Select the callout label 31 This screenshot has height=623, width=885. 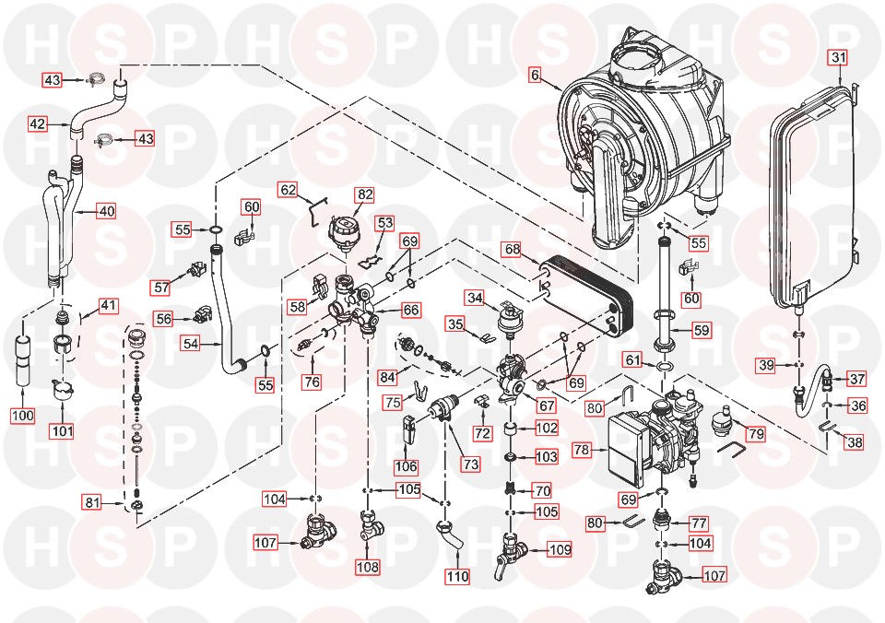[837, 58]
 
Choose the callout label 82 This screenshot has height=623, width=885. [366, 194]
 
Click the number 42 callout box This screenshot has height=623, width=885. [38, 123]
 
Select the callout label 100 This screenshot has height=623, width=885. [23, 416]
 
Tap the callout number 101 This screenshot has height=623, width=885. [64, 430]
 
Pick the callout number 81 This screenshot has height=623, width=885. [92, 502]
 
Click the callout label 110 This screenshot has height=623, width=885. [457, 577]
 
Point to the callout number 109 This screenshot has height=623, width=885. [559, 550]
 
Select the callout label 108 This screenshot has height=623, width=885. [368, 568]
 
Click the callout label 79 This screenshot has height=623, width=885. [755, 433]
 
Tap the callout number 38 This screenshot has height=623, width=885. [855, 442]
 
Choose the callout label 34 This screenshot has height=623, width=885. [475, 298]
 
